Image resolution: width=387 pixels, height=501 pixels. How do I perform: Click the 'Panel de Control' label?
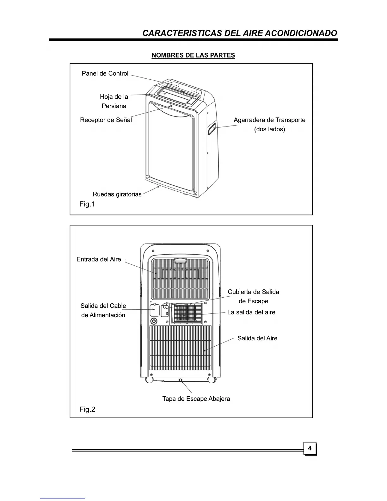click(x=105, y=73)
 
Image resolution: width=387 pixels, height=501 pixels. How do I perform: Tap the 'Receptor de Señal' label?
click(x=106, y=120)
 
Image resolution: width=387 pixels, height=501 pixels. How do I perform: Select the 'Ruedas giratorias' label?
click(x=117, y=194)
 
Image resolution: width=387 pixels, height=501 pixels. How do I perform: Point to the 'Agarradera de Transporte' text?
click(x=269, y=120)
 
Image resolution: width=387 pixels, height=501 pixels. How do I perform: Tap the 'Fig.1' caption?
click(x=87, y=204)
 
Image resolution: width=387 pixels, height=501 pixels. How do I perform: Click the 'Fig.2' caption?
click(x=87, y=410)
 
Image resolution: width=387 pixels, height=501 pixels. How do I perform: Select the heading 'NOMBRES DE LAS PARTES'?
click(x=193, y=55)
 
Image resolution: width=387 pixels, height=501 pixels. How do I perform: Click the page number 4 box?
click(x=310, y=448)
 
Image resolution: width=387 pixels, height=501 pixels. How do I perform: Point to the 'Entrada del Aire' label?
click(x=99, y=259)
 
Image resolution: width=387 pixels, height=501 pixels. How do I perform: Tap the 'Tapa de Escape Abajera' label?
click(x=196, y=399)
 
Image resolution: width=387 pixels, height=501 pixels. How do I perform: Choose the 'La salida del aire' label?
click(x=251, y=312)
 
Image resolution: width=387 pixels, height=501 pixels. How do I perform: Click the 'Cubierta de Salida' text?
click(x=254, y=292)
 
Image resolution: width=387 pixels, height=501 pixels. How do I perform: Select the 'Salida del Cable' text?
click(x=103, y=306)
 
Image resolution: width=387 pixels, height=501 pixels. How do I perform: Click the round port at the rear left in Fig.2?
click(x=154, y=321)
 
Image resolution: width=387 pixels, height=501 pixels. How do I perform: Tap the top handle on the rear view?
click(x=180, y=261)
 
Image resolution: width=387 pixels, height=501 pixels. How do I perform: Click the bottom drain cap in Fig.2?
click(x=181, y=380)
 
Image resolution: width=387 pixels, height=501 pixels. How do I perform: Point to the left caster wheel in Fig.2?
click(x=149, y=380)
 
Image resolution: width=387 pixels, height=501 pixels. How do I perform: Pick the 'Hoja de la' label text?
click(x=114, y=96)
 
